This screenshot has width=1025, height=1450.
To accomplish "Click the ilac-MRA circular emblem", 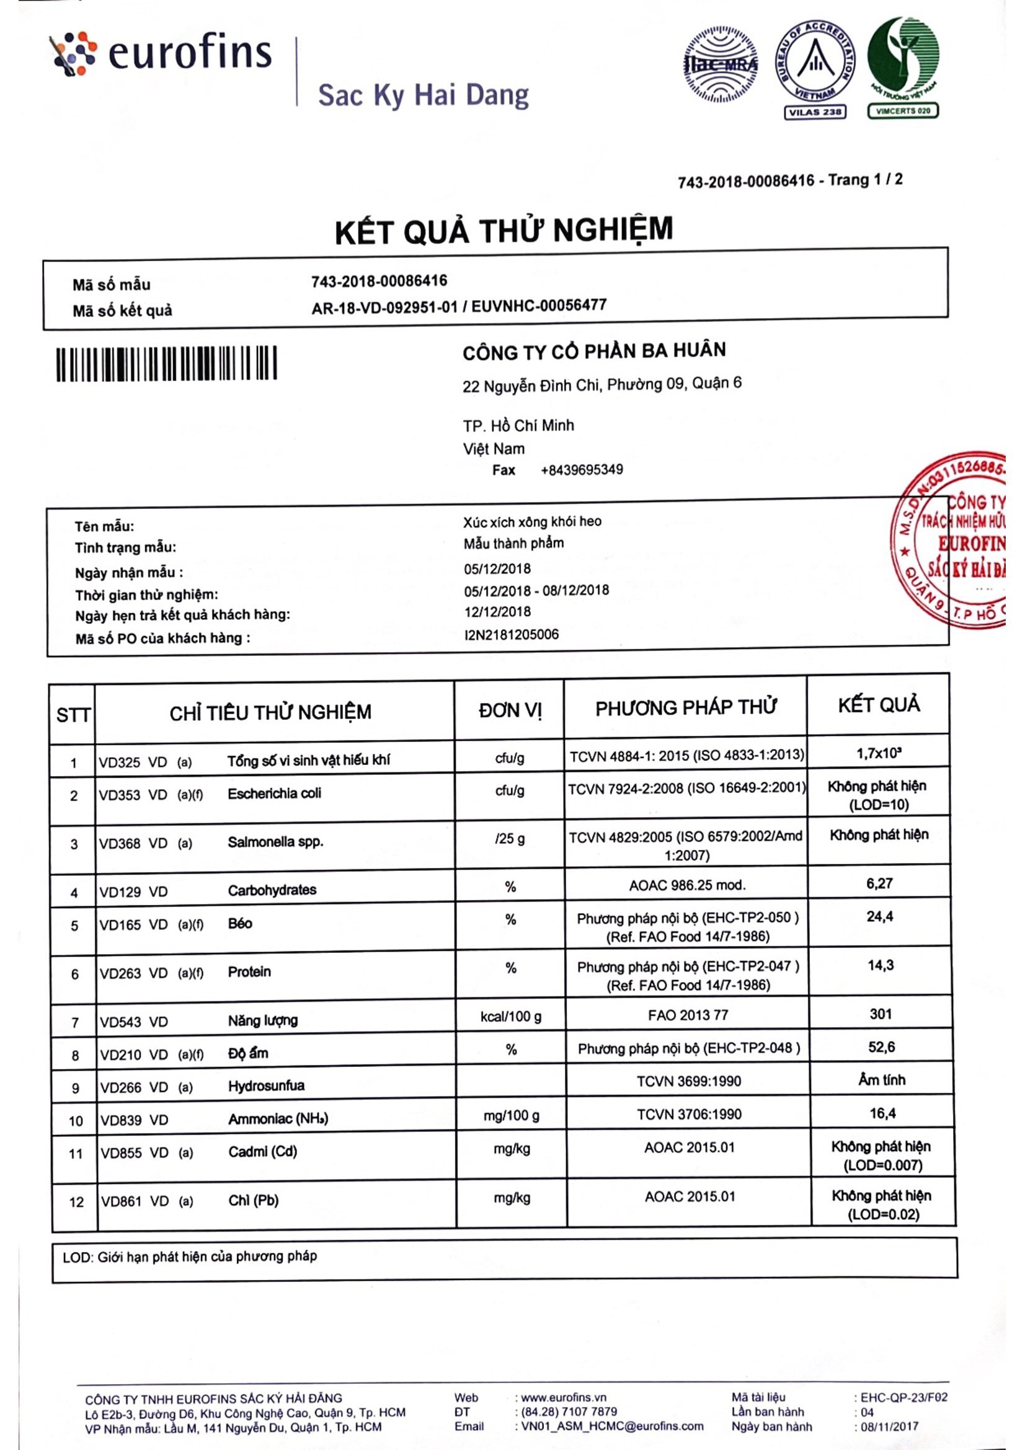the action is click(x=721, y=64).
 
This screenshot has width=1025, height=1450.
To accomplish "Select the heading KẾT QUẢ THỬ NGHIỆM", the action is click(x=504, y=231).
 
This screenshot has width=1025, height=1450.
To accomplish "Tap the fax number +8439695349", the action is click(x=582, y=470).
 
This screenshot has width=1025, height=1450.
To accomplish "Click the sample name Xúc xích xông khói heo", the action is click(x=532, y=521).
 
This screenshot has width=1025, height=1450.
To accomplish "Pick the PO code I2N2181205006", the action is click(x=512, y=634).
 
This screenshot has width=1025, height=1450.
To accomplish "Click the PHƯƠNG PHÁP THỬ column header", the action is click(x=685, y=708).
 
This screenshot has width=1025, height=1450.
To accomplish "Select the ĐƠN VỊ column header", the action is click(x=510, y=710).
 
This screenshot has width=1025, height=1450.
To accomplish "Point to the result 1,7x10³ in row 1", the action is click(x=879, y=753).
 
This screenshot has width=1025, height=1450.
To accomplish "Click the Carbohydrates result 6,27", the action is click(x=879, y=883).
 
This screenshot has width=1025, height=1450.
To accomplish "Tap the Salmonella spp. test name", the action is click(x=275, y=842).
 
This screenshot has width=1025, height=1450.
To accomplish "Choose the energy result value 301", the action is click(x=881, y=1014).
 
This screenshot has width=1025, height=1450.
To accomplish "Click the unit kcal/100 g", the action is click(x=511, y=1017).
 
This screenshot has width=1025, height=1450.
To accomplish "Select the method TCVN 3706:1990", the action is click(x=689, y=1114).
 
